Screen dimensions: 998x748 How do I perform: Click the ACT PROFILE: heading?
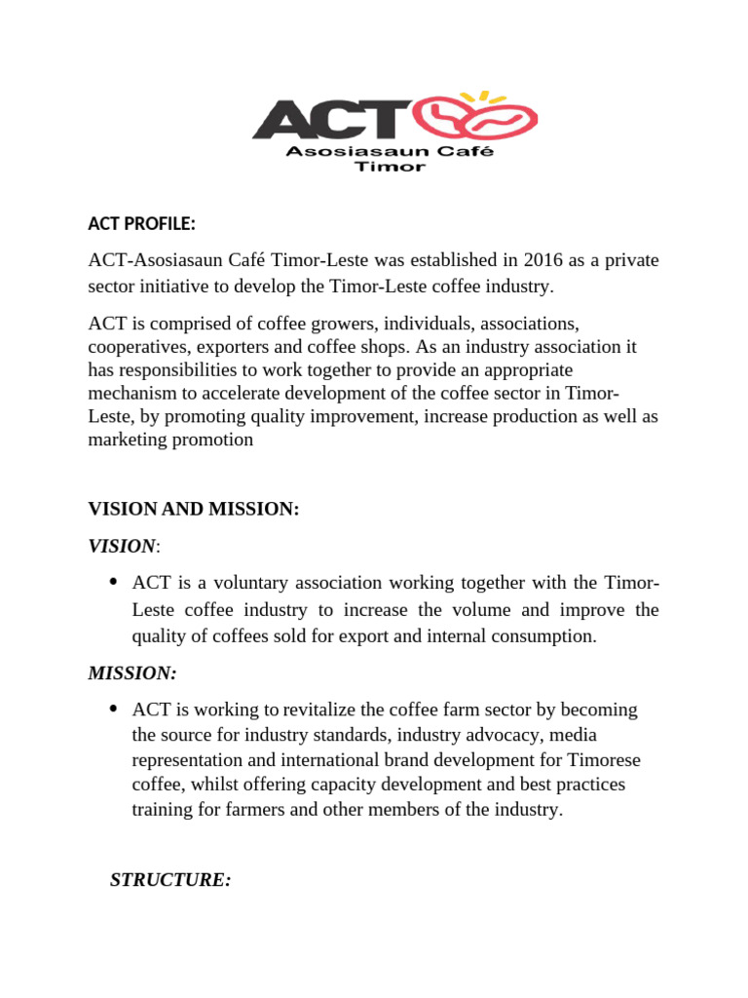point(142,224)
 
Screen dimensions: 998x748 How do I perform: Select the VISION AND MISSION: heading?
point(194,509)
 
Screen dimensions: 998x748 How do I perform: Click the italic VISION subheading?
point(122,546)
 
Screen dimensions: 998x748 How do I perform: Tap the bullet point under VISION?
point(113,583)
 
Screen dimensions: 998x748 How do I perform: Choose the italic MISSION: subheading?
point(132,673)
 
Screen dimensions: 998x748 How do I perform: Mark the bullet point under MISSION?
point(113,708)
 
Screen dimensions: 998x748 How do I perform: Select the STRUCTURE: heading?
point(170,880)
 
